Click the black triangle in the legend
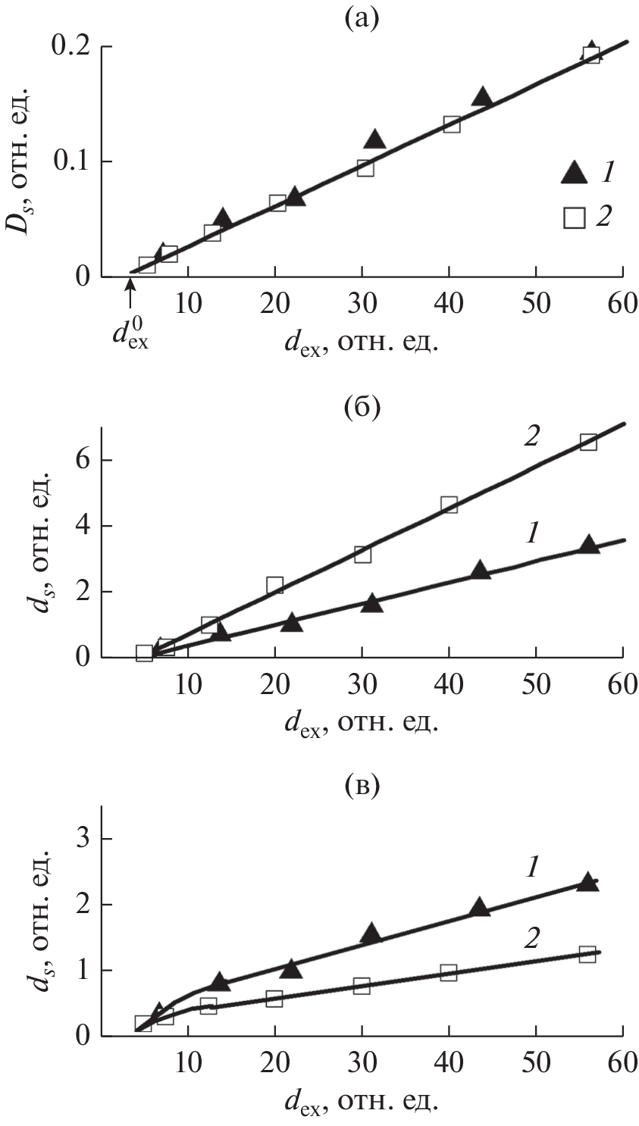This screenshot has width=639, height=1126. coord(574,174)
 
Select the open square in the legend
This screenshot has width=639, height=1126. coord(574,217)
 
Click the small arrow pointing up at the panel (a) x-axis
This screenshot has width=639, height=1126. coord(130,287)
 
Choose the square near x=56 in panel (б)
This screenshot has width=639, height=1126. coord(588,442)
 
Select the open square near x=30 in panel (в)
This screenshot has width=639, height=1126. coord(362,986)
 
